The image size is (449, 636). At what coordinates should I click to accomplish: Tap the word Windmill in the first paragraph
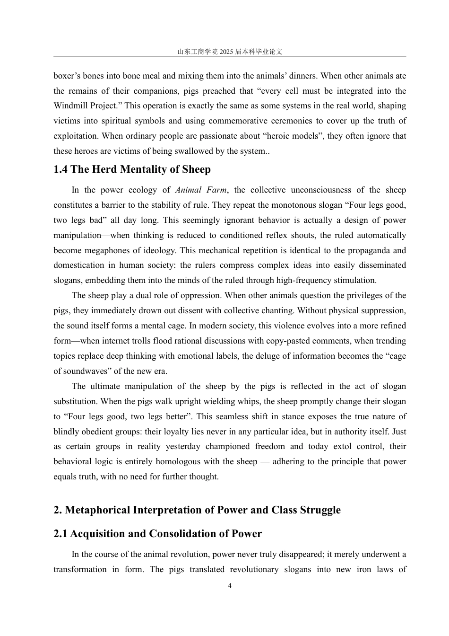[x=69, y=106]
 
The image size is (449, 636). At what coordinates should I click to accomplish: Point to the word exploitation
[x=76, y=136]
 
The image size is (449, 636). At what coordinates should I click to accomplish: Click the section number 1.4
[x=61, y=169]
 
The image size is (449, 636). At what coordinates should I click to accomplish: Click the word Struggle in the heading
[x=320, y=510]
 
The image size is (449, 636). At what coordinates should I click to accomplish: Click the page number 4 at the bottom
[x=230, y=585]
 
